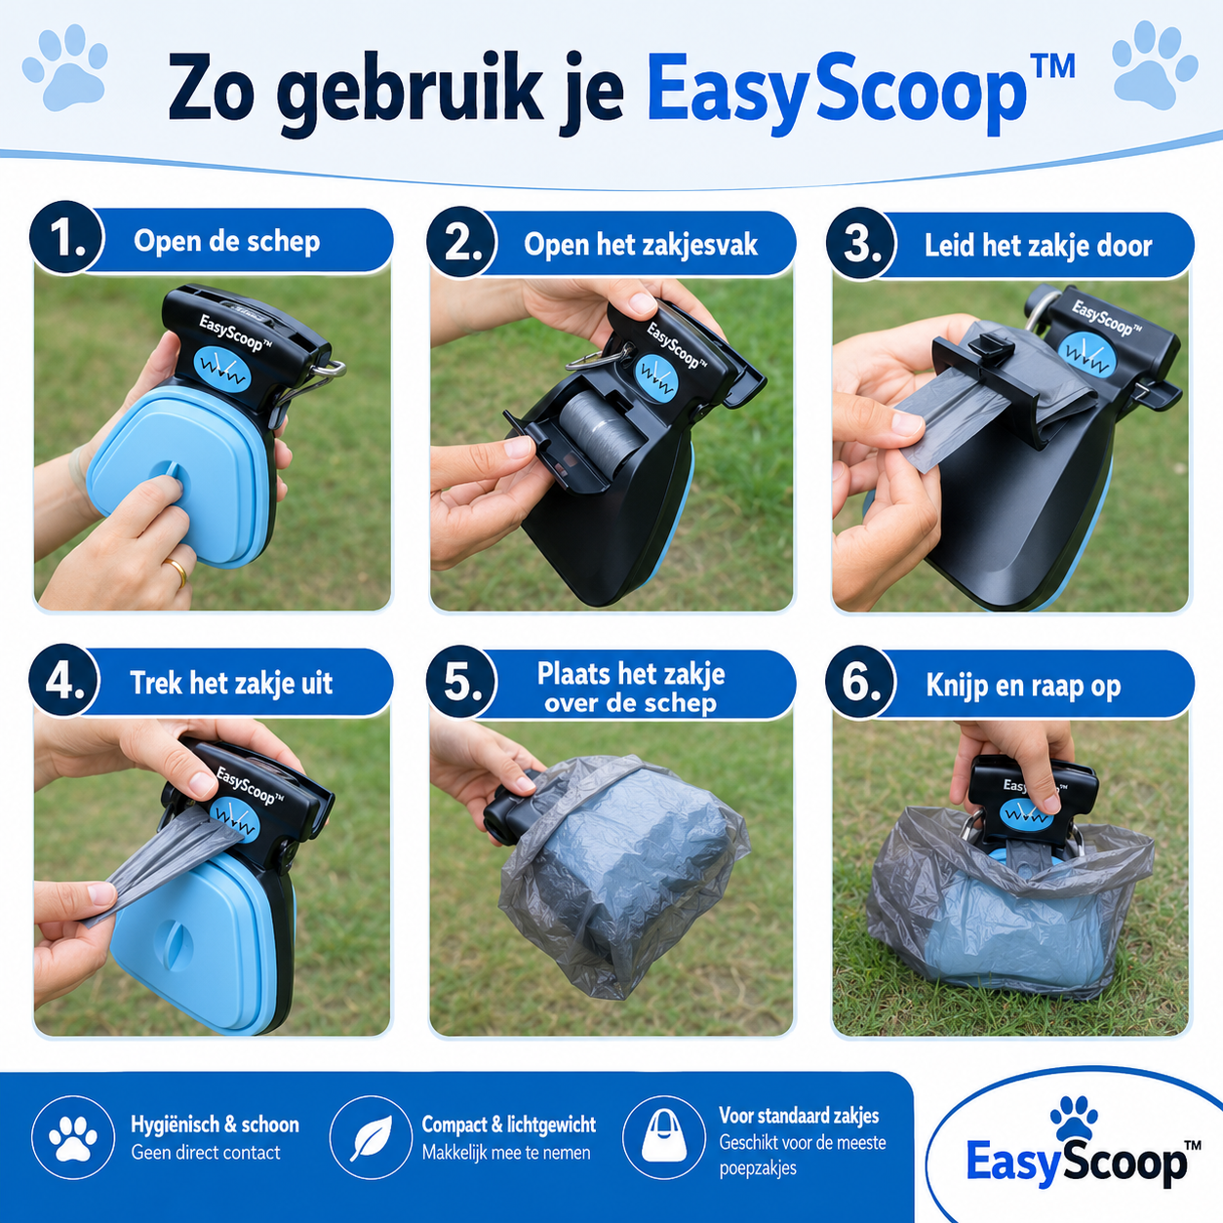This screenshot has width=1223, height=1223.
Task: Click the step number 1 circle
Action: coord(66,238)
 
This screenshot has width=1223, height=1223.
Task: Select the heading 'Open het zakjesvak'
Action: coord(641,245)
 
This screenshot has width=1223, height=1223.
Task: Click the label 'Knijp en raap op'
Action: coord(1023,686)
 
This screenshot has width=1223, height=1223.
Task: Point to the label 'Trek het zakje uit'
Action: coord(231,683)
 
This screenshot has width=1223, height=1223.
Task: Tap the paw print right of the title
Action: coord(1155,62)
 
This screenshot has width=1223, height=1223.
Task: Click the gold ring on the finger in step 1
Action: coord(176,570)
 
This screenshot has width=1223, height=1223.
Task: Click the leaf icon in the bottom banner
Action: coord(372,1138)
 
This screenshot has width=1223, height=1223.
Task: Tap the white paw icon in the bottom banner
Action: coord(73,1138)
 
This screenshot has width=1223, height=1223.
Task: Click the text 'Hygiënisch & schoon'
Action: coord(215,1124)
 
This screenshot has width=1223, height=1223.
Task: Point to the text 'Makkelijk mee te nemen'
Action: coord(506,1152)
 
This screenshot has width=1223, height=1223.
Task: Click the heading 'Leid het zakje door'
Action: coord(1038,246)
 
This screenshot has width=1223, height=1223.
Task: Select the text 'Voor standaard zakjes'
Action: coord(799,1115)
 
